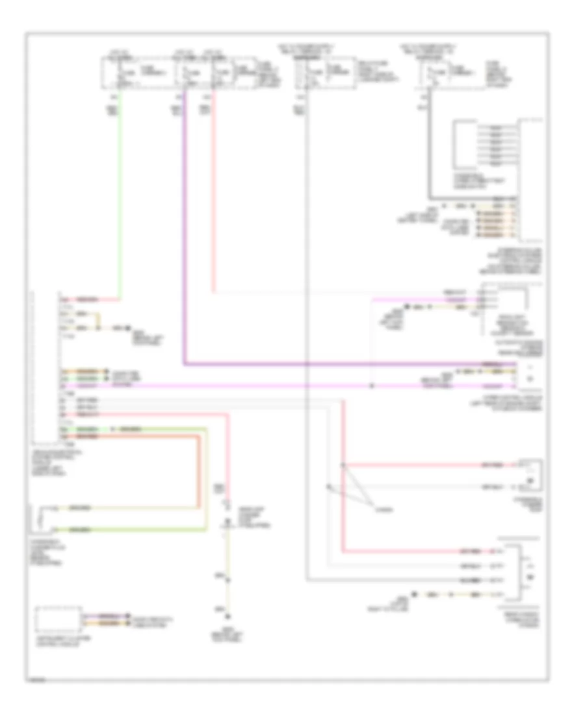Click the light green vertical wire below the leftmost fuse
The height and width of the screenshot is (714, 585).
[x=119, y=195]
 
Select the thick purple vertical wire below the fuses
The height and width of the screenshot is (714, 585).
[x=185, y=227]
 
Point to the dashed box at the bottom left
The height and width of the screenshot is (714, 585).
[x=58, y=619]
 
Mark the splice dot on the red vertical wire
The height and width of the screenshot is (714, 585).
[x=343, y=466]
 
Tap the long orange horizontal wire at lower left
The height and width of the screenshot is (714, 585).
[x=143, y=437]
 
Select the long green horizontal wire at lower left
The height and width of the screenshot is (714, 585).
[x=156, y=429]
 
